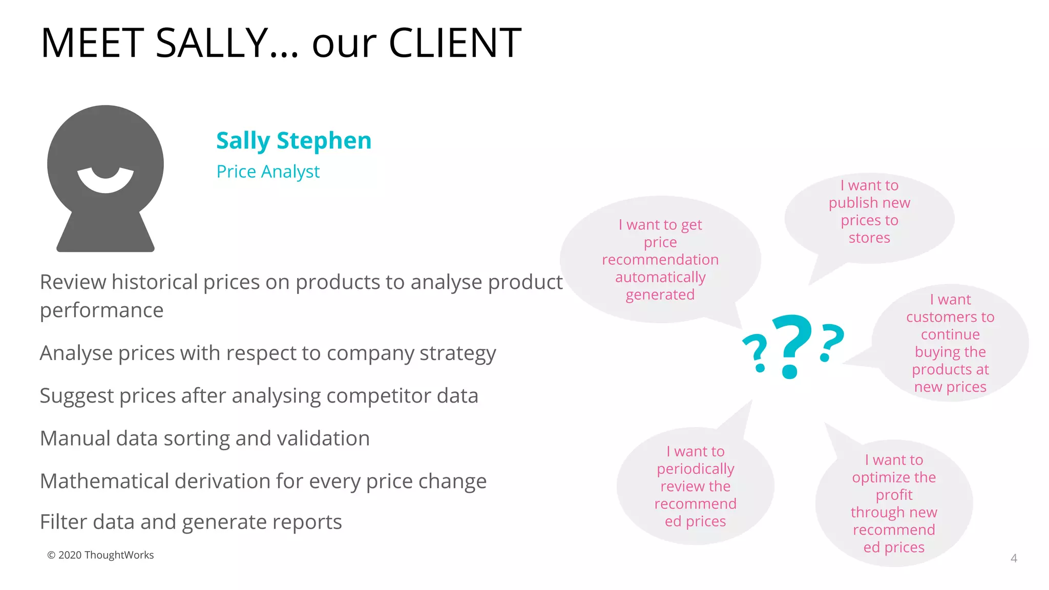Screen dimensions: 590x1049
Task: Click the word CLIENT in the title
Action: point(455,43)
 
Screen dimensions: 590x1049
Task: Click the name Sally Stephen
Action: point(293,141)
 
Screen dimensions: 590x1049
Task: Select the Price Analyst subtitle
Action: point(268,172)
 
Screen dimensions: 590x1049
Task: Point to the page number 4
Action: point(1014,558)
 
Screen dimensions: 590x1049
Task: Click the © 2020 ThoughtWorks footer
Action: point(100,555)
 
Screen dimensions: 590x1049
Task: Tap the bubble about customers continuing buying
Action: point(950,343)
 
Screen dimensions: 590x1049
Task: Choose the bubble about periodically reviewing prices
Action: point(695,486)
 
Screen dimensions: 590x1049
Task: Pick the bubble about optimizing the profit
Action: point(894,503)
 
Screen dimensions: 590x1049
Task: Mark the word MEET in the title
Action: point(92,43)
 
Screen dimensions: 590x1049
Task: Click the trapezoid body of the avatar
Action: point(106,233)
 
